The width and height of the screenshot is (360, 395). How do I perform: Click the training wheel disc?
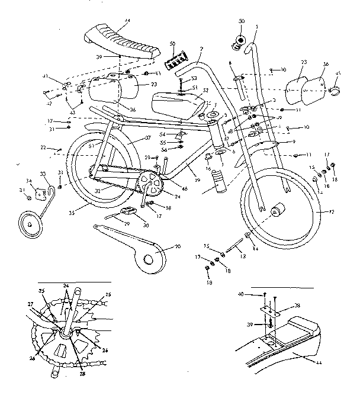(31, 226)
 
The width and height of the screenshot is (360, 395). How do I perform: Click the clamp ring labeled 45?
(335, 90)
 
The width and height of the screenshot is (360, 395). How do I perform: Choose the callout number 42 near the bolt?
(49, 103)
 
